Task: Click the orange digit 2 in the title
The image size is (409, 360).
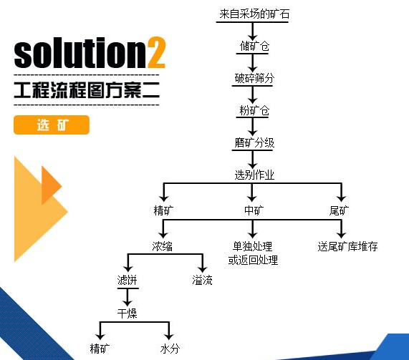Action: (x=157, y=52)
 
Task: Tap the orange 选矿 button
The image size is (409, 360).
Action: (x=52, y=125)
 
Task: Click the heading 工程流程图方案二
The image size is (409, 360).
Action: (x=87, y=90)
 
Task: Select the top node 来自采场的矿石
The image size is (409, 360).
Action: (x=254, y=14)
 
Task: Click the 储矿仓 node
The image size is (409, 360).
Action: (x=254, y=46)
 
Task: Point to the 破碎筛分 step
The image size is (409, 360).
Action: (x=254, y=78)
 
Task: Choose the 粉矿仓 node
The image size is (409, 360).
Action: (x=254, y=110)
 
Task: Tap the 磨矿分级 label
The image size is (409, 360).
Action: (x=254, y=142)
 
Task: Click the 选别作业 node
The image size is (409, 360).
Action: (x=254, y=175)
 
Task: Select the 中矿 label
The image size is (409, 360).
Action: (x=254, y=210)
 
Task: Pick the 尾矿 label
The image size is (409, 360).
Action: (x=339, y=210)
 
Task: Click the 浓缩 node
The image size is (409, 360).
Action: (x=163, y=246)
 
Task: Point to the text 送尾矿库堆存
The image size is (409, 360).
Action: (x=347, y=246)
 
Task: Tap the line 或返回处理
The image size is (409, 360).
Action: (x=253, y=260)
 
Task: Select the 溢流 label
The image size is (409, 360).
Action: (x=202, y=280)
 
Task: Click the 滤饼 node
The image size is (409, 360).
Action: (x=127, y=280)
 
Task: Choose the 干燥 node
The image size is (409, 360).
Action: (x=127, y=313)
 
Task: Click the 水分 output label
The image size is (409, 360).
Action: (x=170, y=349)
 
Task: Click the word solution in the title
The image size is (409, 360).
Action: (x=80, y=52)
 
